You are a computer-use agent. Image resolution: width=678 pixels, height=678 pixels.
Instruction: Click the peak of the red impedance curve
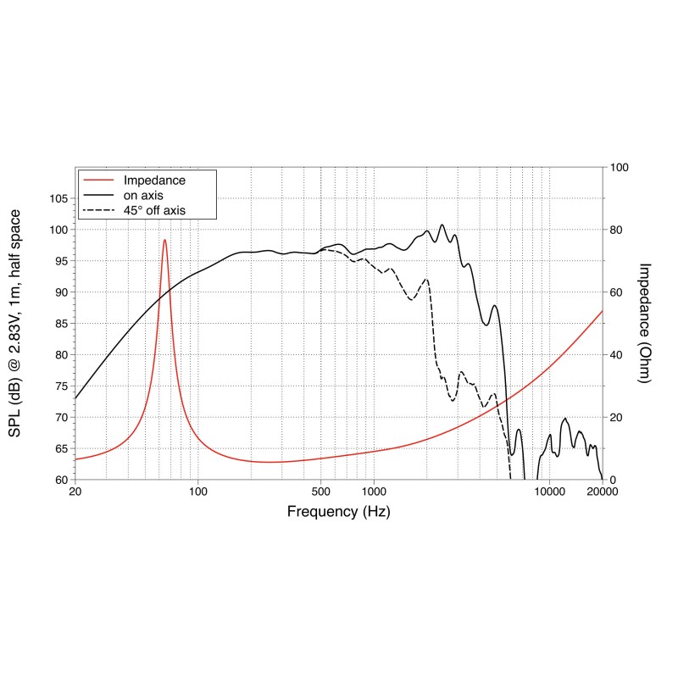point(164,240)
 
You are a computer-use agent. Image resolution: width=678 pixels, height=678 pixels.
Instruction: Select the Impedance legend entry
point(154,181)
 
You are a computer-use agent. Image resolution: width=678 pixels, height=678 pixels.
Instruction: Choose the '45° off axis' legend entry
point(154,209)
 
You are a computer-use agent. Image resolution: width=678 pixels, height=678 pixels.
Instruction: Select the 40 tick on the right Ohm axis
point(615,355)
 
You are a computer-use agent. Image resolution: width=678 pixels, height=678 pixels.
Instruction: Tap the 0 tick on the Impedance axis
point(612,480)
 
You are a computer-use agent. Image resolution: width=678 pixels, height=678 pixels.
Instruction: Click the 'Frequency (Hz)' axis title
point(338,512)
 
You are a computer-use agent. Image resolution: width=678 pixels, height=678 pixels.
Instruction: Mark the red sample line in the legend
point(98,181)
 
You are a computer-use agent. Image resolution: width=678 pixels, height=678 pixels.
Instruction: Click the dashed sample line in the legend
point(98,209)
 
